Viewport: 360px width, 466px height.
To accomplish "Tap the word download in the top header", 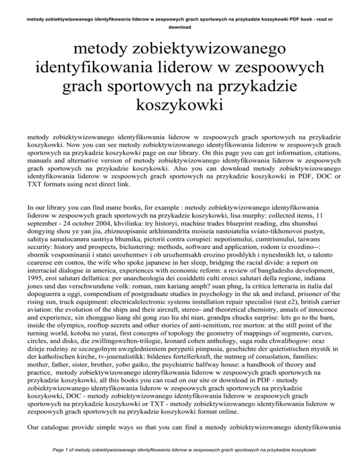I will coord(180,27).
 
